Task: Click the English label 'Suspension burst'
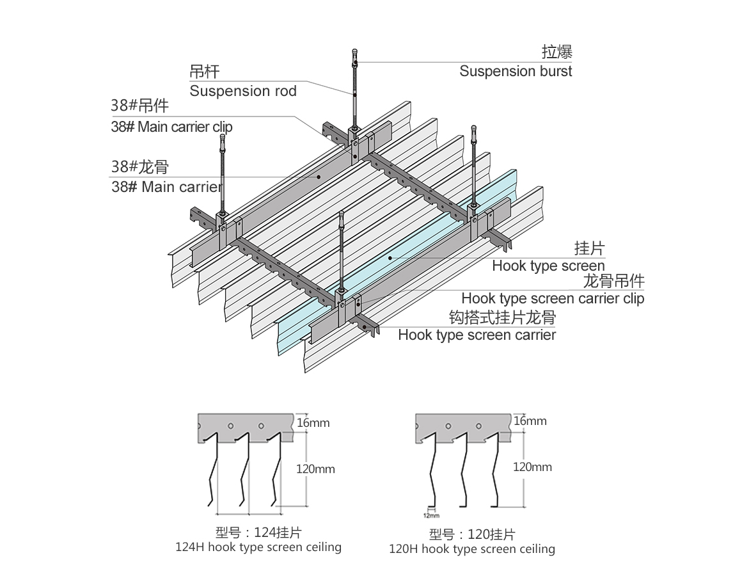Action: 516,71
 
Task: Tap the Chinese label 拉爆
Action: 556,52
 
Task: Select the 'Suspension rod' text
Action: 243,91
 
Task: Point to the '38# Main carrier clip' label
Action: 171,127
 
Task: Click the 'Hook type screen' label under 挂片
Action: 548,266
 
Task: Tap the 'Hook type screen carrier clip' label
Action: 553,298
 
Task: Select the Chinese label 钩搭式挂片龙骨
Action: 501,317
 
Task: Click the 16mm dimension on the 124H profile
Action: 313,422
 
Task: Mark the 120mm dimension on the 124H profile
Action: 315,469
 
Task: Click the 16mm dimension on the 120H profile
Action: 530,421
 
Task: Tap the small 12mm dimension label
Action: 431,515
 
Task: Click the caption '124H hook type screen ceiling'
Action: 258,547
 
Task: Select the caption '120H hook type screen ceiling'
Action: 472,549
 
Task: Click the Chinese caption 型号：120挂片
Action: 472,534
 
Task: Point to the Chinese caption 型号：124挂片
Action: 258,532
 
